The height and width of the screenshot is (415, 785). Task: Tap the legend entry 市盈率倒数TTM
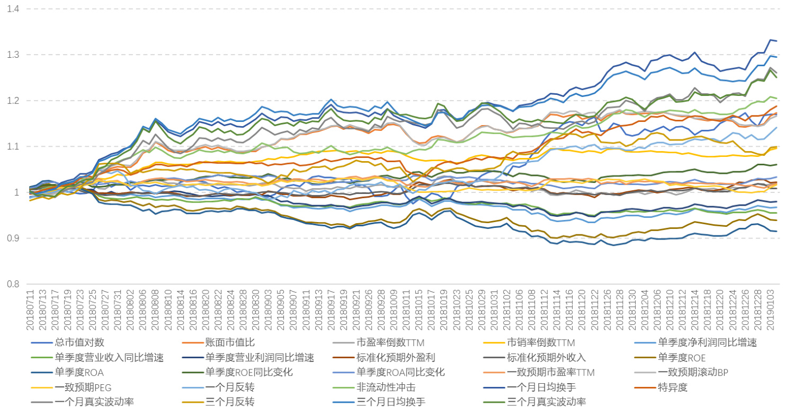pyautogui.click(x=390, y=342)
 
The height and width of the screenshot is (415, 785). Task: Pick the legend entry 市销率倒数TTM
pyautogui.click(x=541, y=342)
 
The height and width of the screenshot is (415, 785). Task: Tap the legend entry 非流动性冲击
pyautogui.click(x=385, y=387)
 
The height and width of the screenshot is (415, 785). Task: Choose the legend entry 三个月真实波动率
pyautogui.click(x=546, y=401)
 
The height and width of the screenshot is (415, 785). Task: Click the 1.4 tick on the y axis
pyautogui.click(x=14, y=9)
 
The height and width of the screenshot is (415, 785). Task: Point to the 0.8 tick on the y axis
pyautogui.click(x=14, y=284)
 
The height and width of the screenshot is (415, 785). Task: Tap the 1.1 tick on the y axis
pyautogui.click(x=14, y=146)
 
